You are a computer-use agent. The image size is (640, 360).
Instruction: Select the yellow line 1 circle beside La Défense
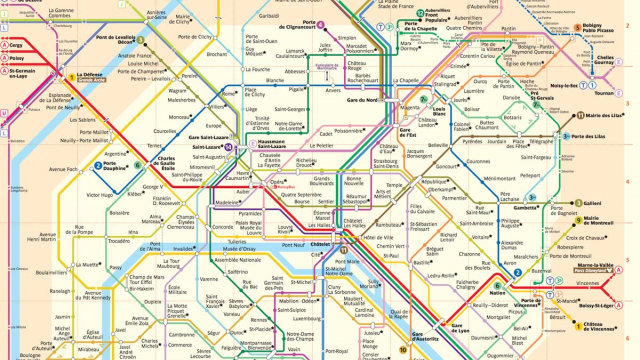[x=71, y=77]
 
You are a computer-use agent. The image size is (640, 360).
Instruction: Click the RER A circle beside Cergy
[x=7, y=45]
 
